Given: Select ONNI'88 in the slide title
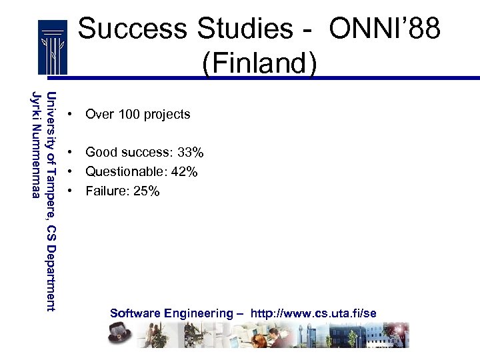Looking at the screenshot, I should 385,29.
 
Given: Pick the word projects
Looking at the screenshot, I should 167,115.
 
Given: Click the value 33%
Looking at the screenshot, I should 190,153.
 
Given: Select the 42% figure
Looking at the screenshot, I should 184,172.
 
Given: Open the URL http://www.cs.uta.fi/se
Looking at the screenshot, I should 313,313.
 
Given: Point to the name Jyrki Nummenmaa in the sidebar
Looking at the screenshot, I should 37,143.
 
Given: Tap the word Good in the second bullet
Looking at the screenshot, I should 99,153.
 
